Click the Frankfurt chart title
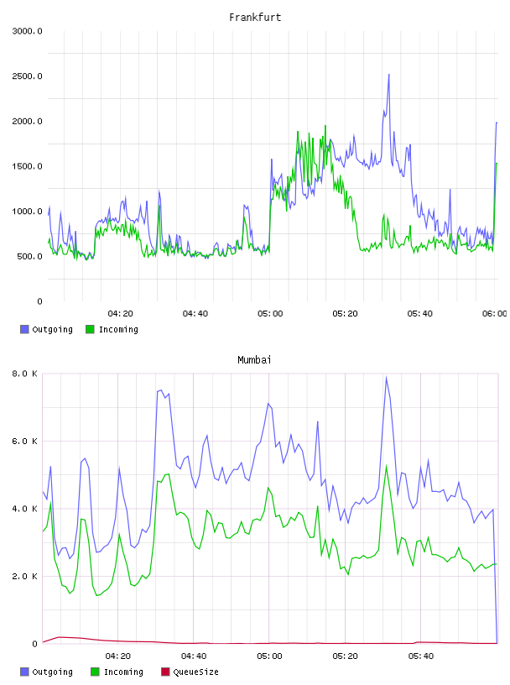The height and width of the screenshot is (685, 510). (x=255, y=18)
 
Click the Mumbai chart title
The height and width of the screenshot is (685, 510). (x=254, y=360)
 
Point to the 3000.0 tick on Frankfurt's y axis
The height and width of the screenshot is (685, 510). (x=27, y=31)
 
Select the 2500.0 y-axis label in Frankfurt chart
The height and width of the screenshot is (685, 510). (x=27, y=76)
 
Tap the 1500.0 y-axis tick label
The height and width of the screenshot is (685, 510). (x=27, y=166)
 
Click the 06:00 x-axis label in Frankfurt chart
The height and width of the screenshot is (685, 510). (x=495, y=314)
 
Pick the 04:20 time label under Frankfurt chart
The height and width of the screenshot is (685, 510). (x=121, y=314)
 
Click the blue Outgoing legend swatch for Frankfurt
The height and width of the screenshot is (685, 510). (x=24, y=329)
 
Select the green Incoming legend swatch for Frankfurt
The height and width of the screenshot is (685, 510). (x=90, y=329)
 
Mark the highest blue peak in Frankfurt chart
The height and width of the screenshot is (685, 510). (x=388, y=75)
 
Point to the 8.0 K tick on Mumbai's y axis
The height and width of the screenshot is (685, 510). (x=24, y=374)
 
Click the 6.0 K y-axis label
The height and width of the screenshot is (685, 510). (x=24, y=442)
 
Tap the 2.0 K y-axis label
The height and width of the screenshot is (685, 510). (x=24, y=577)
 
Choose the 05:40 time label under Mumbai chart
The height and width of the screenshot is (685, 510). (x=420, y=656)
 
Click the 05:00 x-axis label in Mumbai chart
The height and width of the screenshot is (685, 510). (x=269, y=656)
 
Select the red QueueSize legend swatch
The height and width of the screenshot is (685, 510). (x=165, y=672)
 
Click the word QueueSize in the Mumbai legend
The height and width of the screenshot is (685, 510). (x=195, y=672)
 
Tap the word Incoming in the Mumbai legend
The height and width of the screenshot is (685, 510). (x=123, y=672)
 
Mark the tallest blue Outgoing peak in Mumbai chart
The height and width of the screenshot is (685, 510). (x=386, y=378)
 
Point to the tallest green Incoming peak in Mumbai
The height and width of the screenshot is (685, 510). (x=386, y=466)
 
